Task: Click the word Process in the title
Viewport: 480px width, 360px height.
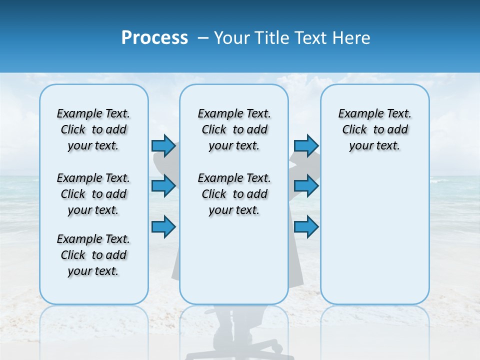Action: pyautogui.click(x=154, y=37)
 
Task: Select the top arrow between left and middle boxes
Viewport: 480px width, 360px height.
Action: pyautogui.click(x=163, y=145)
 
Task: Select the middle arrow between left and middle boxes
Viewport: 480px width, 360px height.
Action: pyautogui.click(x=163, y=186)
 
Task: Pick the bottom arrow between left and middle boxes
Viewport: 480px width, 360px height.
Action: pyautogui.click(x=163, y=226)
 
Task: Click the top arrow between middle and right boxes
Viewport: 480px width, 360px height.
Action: pyautogui.click(x=306, y=145)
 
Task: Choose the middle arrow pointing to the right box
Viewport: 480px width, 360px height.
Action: pyautogui.click(x=306, y=186)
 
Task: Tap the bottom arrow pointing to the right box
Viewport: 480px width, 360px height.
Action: pyautogui.click(x=306, y=226)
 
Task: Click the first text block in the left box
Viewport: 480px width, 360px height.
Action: pyautogui.click(x=93, y=129)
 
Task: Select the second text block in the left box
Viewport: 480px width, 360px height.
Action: pyautogui.click(x=93, y=194)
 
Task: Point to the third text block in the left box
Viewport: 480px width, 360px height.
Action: pyautogui.click(x=93, y=255)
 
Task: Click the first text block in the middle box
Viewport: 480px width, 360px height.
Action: pyautogui.click(x=234, y=129)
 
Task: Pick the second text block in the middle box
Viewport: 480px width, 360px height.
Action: pyautogui.click(x=234, y=194)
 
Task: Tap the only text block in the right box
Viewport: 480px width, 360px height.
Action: pyautogui.click(x=374, y=129)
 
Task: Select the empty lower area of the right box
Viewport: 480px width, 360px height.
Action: pyautogui.click(x=374, y=235)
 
